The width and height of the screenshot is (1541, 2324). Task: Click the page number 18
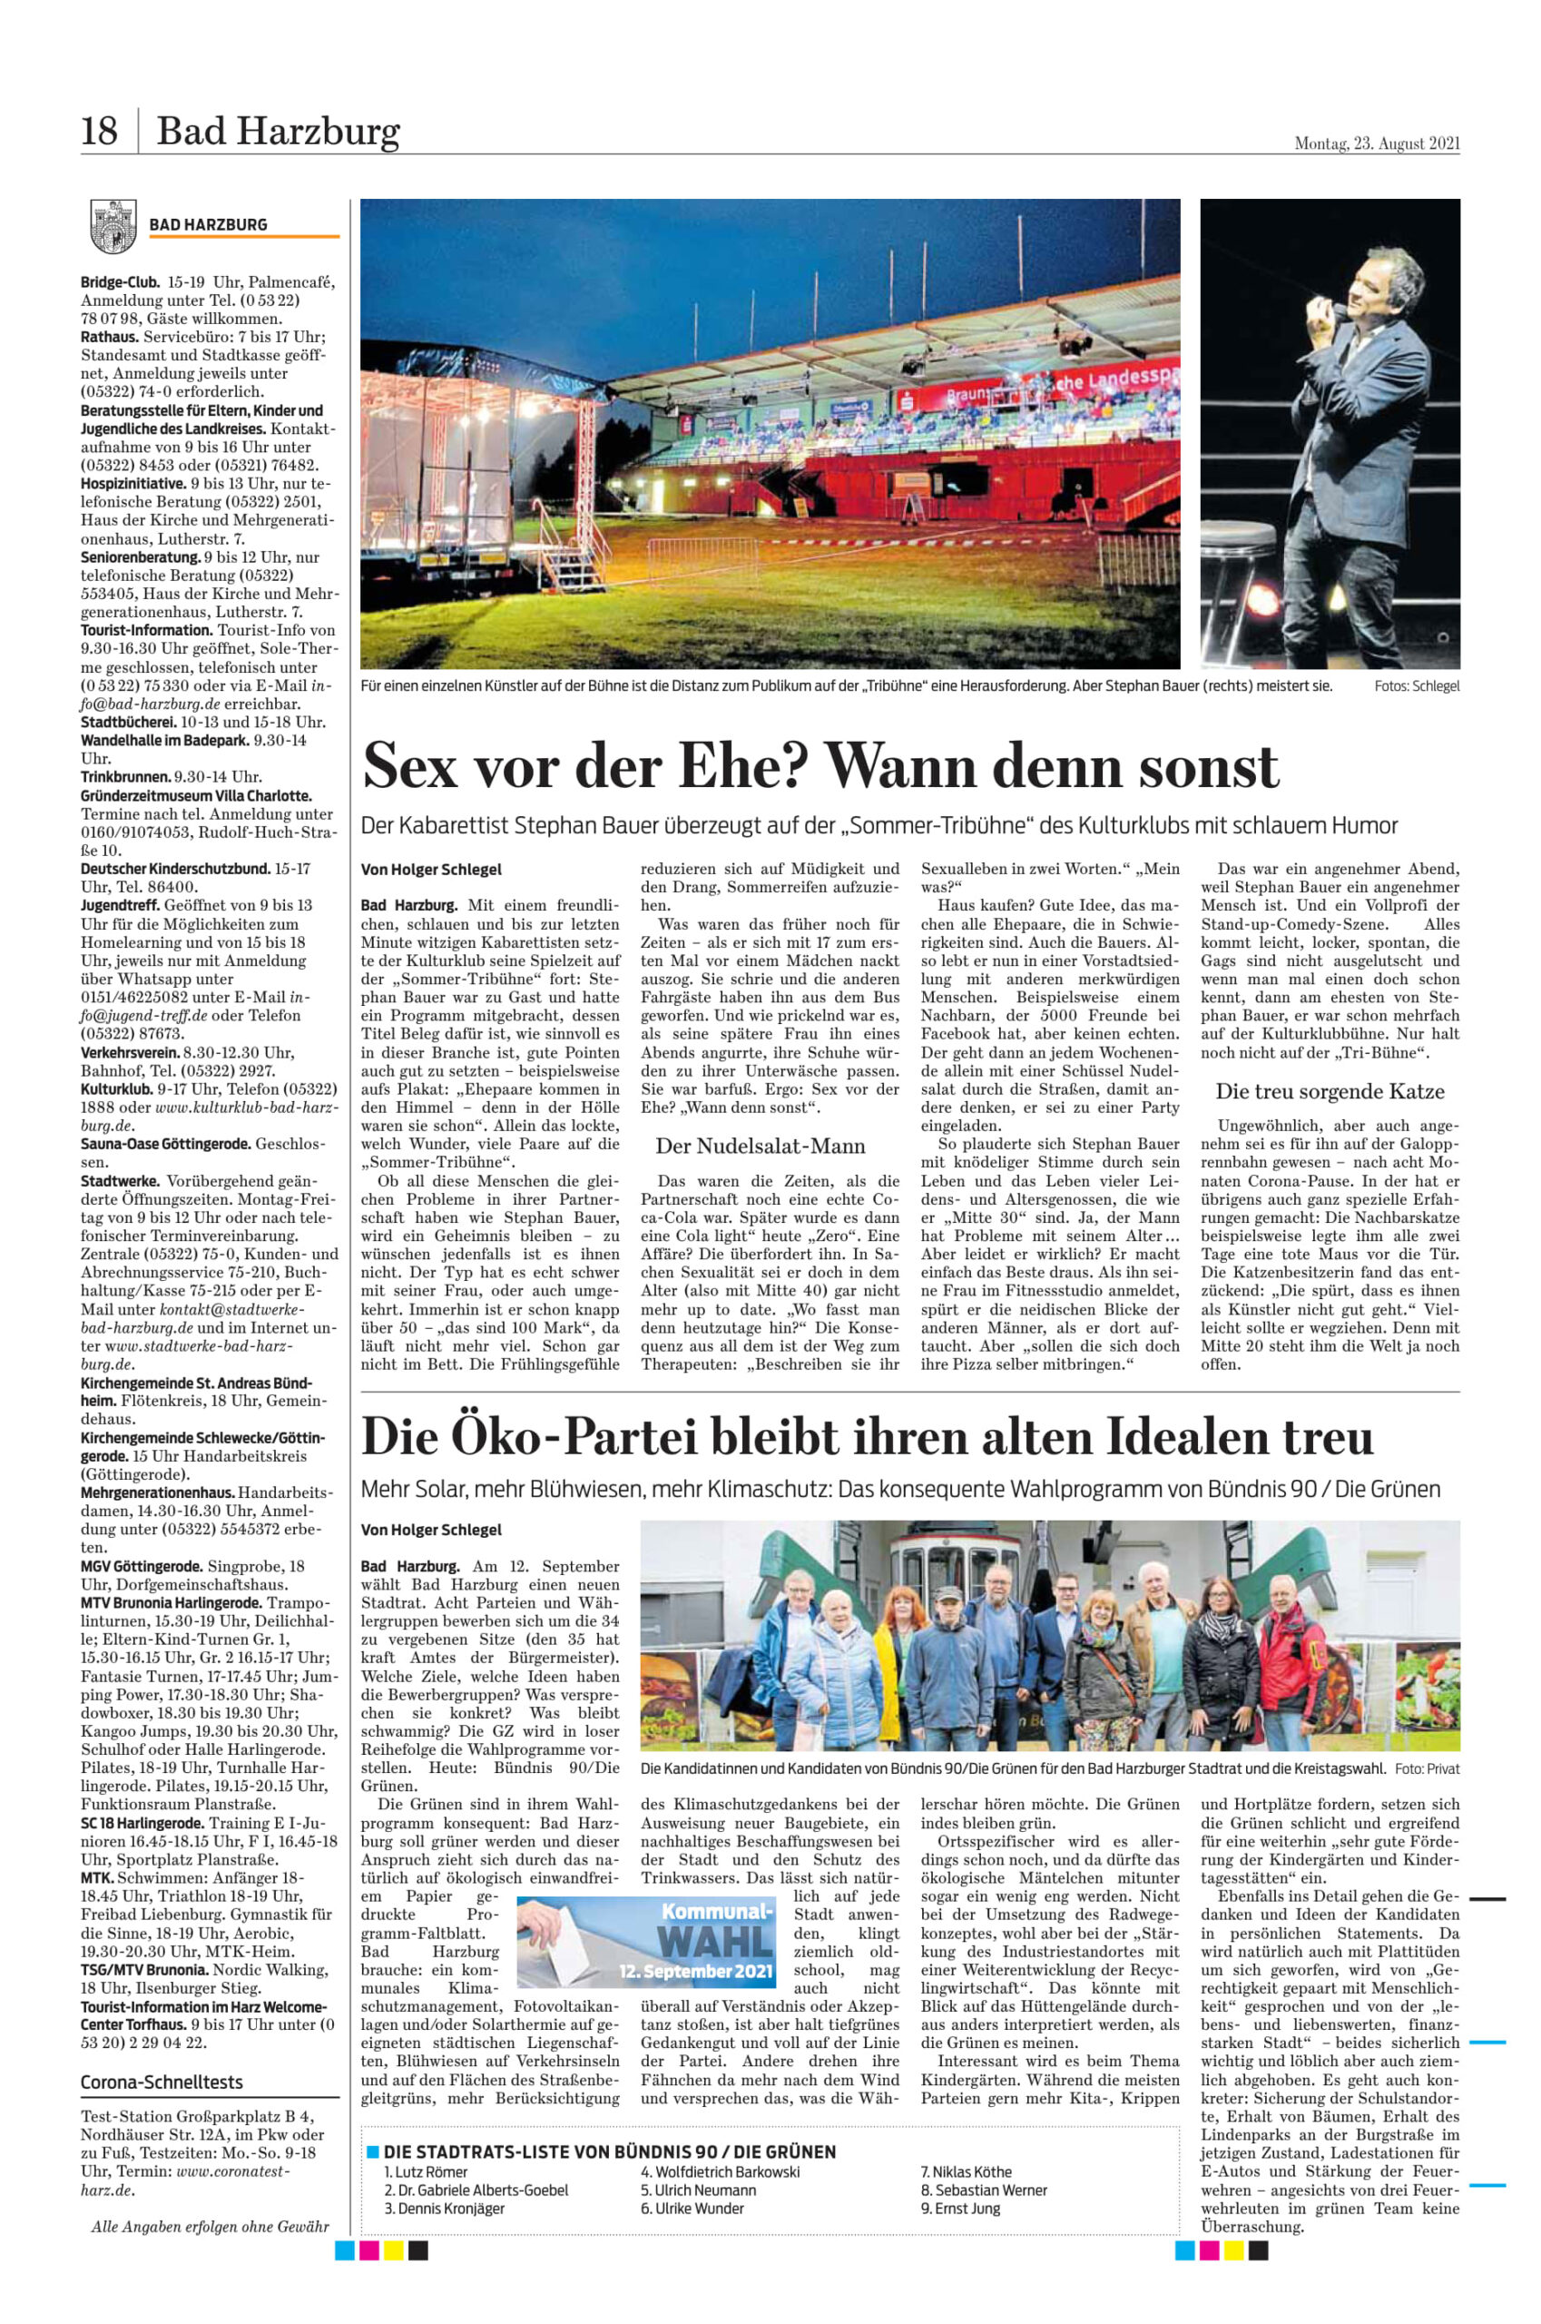click(x=99, y=131)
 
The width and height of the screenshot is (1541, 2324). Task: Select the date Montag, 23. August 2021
click(x=1376, y=143)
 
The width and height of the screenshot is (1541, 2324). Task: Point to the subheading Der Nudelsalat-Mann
click(x=760, y=1147)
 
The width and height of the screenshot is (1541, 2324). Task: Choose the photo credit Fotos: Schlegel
click(x=1416, y=686)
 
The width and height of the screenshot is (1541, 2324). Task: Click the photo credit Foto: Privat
click(x=1426, y=1768)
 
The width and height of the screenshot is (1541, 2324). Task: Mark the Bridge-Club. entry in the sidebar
click(x=119, y=282)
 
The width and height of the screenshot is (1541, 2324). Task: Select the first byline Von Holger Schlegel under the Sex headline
click(x=431, y=869)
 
